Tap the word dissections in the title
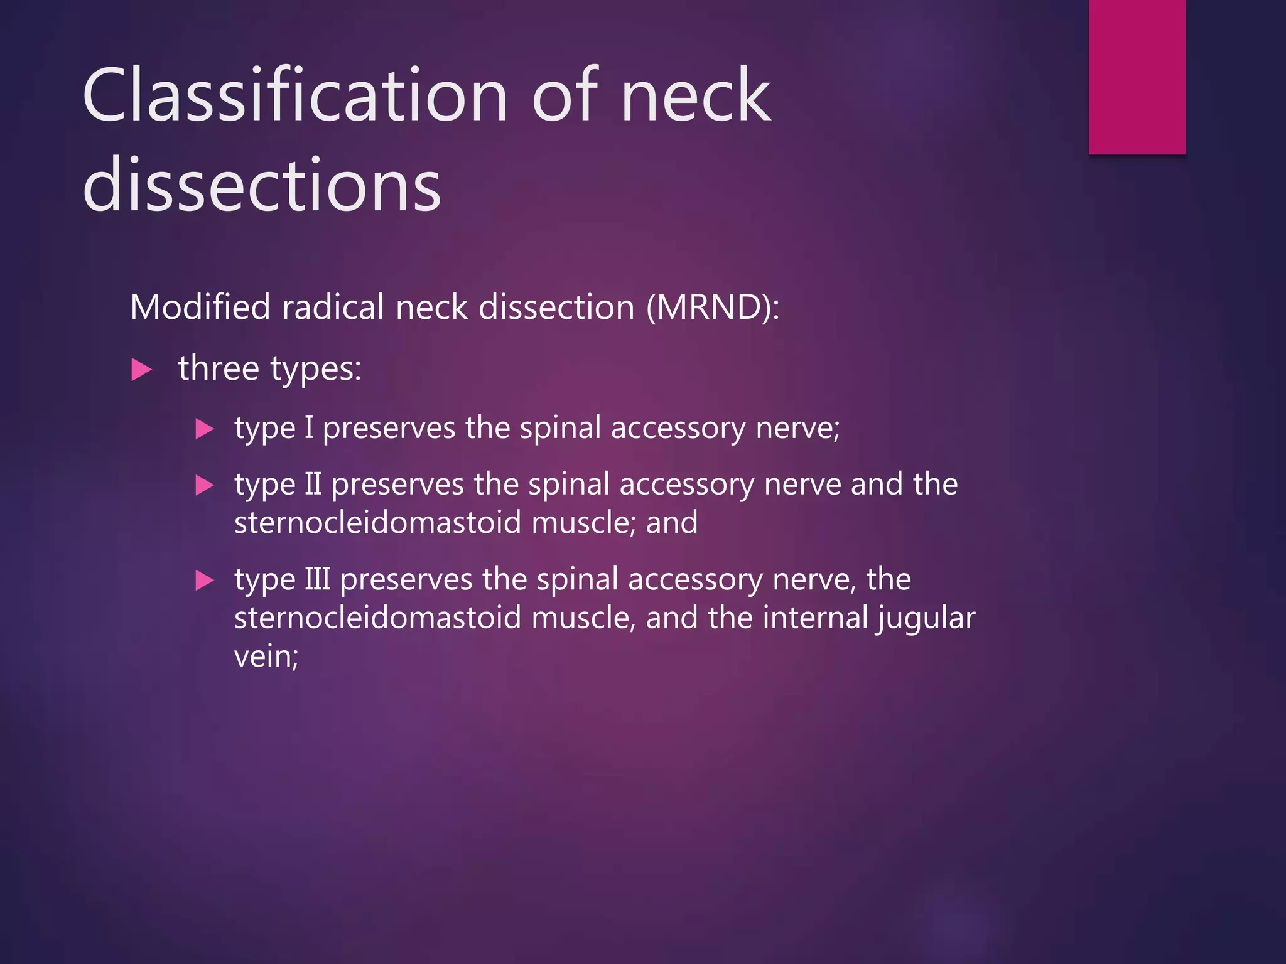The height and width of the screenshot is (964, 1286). pyautogui.click(x=262, y=186)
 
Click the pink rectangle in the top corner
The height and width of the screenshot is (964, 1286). pyautogui.click(x=1137, y=77)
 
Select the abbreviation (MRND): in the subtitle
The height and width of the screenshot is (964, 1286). pyautogui.click(x=713, y=308)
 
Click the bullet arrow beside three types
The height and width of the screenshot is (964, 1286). pyautogui.click(x=141, y=369)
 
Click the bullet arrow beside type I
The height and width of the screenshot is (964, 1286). pyautogui.click(x=205, y=429)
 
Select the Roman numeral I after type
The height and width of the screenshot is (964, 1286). pyautogui.click(x=308, y=428)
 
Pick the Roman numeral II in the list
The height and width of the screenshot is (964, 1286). pyautogui.click(x=313, y=485)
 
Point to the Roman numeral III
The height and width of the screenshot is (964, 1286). pyautogui.click(x=317, y=579)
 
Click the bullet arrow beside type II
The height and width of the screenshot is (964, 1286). pyautogui.click(x=205, y=485)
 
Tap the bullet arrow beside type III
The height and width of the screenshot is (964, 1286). pyautogui.click(x=205, y=581)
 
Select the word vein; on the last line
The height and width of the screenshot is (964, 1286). pyautogui.click(x=266, y=656)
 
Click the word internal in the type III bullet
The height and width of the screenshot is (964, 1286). pyautogui.click(x=816, y=618)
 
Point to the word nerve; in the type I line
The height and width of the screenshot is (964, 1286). pyautogui.click(x=797, y=428)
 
